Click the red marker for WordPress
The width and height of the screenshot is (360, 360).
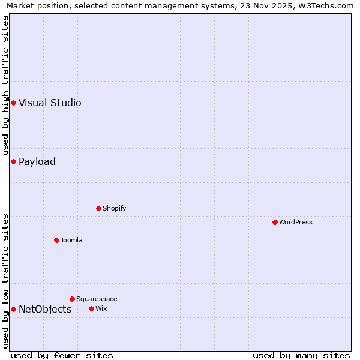tap(275, 222)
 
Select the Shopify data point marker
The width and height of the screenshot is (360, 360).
tap(98, 208)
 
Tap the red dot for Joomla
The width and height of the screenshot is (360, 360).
tap(56, 240)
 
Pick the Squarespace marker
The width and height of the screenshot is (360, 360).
tap(72, 299)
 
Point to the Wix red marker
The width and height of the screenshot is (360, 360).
tap(91, 308)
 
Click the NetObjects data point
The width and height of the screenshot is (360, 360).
tap(13, 309)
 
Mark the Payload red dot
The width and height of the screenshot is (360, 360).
tap(13, 161)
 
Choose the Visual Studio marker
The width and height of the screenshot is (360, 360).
tap(13, 103)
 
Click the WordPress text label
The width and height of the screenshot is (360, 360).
tap(296, 222)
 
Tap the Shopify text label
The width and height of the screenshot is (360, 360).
tap(114, 208)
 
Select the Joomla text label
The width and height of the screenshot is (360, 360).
tap(71, 240)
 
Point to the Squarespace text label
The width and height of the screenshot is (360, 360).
tap(97, 299)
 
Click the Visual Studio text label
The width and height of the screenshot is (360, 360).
tap(50, 103)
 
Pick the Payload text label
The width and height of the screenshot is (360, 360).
tap(37, 161)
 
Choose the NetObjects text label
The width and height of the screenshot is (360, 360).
tap(45, 309)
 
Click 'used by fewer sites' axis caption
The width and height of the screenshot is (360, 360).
tap(62, 355)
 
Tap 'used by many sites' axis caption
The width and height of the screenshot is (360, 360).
tap(301, 355)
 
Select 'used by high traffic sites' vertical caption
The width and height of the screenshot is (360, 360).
tap(6, 85)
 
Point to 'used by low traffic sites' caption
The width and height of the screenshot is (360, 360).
tap(6, 281)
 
